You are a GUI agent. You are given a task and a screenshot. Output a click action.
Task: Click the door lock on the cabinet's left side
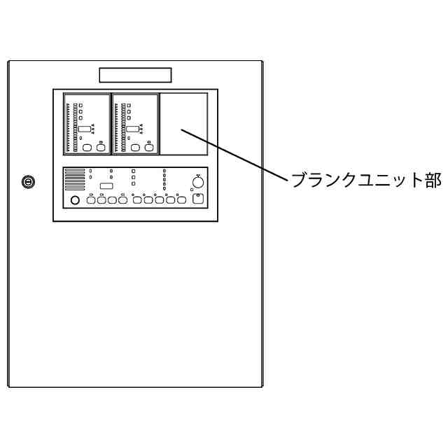[28, 182]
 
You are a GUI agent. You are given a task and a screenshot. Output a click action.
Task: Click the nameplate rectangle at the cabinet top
[135, 75]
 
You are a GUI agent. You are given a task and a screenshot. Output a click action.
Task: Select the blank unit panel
[183, 123]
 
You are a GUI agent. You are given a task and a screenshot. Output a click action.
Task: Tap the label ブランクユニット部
[365, 180]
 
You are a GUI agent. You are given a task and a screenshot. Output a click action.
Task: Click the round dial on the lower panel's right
[198, 183]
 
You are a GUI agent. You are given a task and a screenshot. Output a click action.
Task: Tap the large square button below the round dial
[198, 199]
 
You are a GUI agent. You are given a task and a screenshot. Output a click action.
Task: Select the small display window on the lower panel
[107, 185]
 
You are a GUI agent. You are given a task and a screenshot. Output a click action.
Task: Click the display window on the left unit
[84, 129]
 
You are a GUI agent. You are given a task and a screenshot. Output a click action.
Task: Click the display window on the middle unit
[131, 129]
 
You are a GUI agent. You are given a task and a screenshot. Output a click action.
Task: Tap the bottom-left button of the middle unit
[135, 148]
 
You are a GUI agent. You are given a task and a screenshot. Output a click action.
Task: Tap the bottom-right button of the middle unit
[148, 148]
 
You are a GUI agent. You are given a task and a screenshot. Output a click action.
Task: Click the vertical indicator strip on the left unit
[67, 127]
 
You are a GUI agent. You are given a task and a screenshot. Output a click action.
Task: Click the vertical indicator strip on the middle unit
[123, 127]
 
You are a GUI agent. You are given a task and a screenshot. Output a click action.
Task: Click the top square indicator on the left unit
[80, 105]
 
